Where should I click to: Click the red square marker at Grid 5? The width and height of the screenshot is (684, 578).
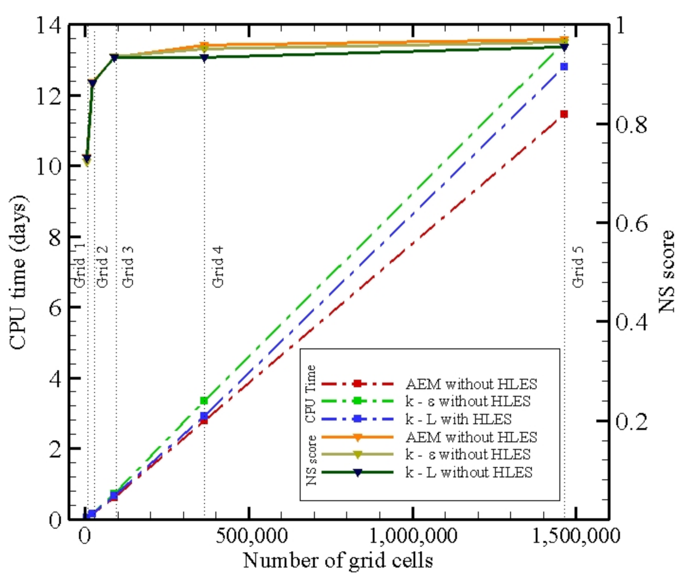(x=564, y=114)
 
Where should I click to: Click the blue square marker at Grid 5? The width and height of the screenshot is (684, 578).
(x=564, y=67)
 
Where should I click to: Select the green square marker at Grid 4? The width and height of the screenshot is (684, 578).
(x=204, y=401)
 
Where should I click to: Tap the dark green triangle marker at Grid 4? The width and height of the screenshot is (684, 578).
(x=204, y=58)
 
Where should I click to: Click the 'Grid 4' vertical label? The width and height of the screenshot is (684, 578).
(x=218, y=267)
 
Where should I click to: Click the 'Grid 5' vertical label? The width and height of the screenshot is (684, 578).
(x=578, y=267)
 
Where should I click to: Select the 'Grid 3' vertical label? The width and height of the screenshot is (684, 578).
(x=129, y=267)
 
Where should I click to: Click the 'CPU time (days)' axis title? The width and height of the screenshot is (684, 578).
(x=19, y=272)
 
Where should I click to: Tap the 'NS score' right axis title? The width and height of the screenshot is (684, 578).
(x=667, y=271)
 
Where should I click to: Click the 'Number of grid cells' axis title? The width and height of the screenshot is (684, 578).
(x=338, y=560)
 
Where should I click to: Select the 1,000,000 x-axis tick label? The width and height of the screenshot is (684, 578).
(x=413, y=536)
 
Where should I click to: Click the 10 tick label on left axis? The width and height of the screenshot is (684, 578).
(x=48, y=167)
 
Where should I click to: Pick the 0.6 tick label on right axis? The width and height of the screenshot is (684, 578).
(x=632, y=223)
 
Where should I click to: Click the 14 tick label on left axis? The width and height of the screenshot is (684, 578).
(x=48, y=25)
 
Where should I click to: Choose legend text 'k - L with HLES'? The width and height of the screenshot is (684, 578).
(x=459, y=419)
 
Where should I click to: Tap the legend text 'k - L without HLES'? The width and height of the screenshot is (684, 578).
(x=469, y=472)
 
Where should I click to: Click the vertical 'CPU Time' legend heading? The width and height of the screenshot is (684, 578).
(x=311, y=394)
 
